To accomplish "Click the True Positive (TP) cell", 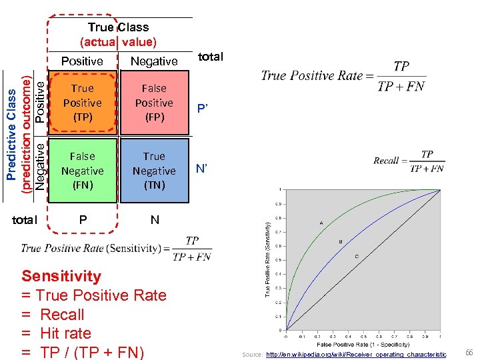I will pos(83,103).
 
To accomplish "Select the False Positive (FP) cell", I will pos(154,103).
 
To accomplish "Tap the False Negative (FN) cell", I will pos(83,171).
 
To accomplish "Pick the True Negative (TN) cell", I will pos(154,171).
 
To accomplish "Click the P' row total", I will pos(202,109).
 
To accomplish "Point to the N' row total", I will pos(202,169).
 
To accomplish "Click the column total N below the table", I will pos(155,219).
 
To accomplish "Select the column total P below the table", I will pos(83,219).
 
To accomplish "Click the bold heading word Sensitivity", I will pos(61,276).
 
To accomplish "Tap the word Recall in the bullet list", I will pos(62,315).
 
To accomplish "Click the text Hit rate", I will pos(65,333).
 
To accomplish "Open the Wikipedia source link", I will pos(356,355).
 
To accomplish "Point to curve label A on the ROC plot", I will pos(321,222).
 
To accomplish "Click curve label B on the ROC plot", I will pos(341,241).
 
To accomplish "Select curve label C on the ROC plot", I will pos(356,256).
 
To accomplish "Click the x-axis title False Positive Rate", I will pos(363,345).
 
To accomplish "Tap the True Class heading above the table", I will pos(118,27).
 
